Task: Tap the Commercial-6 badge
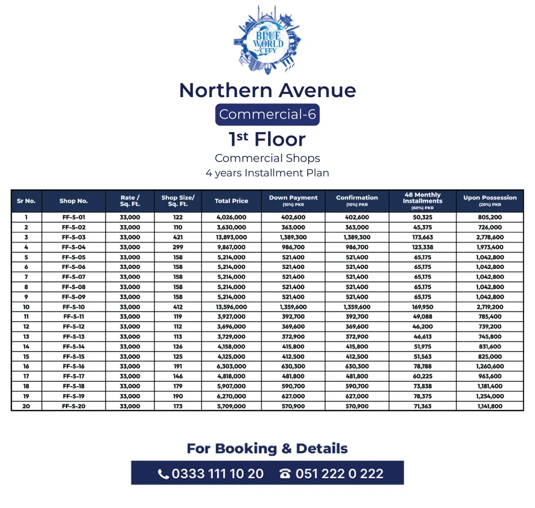point(267,114)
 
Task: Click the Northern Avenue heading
point(267,90)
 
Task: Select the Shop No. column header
point(74,201)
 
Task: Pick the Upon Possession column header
point(490,200)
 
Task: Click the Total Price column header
point(231,201)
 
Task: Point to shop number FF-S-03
point(74,237)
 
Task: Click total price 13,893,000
point(231,237)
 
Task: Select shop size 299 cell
point(178,247)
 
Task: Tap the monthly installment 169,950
point(422,307)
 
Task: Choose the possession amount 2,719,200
point(490,307)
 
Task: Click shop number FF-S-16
point(74,367)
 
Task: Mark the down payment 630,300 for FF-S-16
point(293,367)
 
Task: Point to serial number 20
point(26,406)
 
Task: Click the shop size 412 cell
point(178,307)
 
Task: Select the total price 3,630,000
point(231,227)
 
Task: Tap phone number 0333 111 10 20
point(211,474)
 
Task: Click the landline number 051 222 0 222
point(332,474)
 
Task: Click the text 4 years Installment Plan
point(267,173)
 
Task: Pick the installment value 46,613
point(422,337)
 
